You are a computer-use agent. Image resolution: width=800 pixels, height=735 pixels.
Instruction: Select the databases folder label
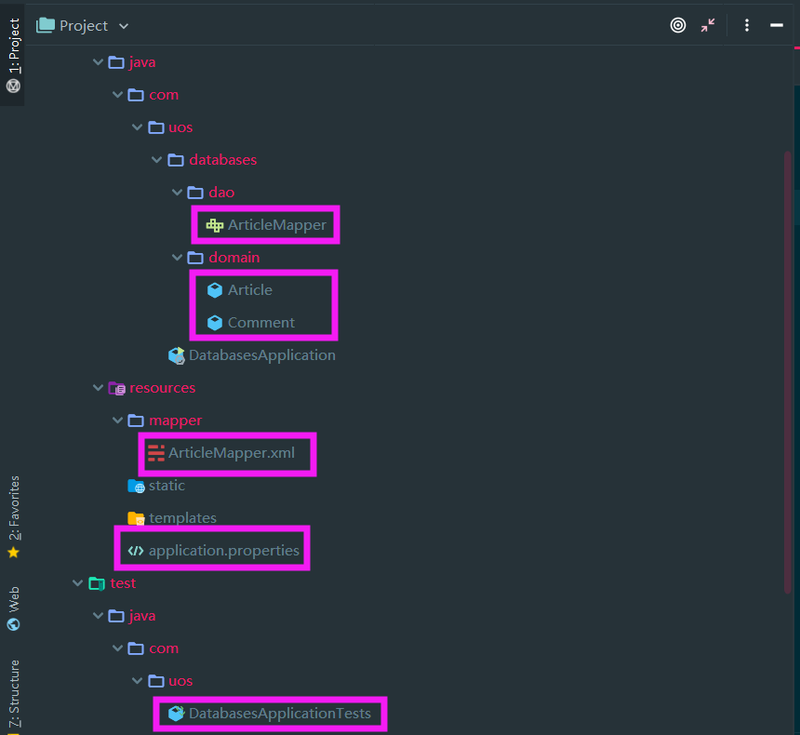click(x=223, y=160)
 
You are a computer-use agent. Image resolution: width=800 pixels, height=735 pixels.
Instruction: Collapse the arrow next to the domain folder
click(x=177, y=257)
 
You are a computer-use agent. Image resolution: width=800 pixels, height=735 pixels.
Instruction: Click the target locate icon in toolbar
click(x=677, y=25)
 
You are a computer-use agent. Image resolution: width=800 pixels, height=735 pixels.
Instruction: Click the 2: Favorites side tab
click(x=14, y=516)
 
